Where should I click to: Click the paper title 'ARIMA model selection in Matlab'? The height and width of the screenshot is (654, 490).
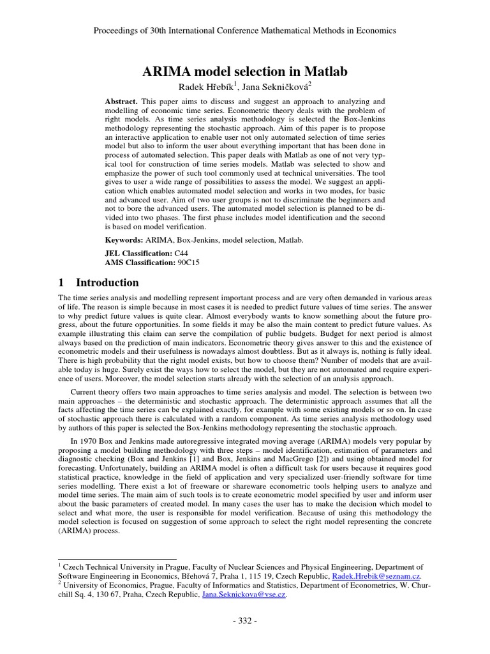point(245,72)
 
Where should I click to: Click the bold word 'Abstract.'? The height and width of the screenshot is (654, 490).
point(121,102)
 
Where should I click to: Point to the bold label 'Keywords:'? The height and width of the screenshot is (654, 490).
point(124,240)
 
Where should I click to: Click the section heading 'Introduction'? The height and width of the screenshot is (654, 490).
point(107,282)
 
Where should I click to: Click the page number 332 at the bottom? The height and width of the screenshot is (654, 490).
point(245,620)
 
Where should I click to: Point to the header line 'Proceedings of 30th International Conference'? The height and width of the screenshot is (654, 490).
point(245,31)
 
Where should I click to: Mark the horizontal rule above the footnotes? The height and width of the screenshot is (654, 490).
point(117,558)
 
